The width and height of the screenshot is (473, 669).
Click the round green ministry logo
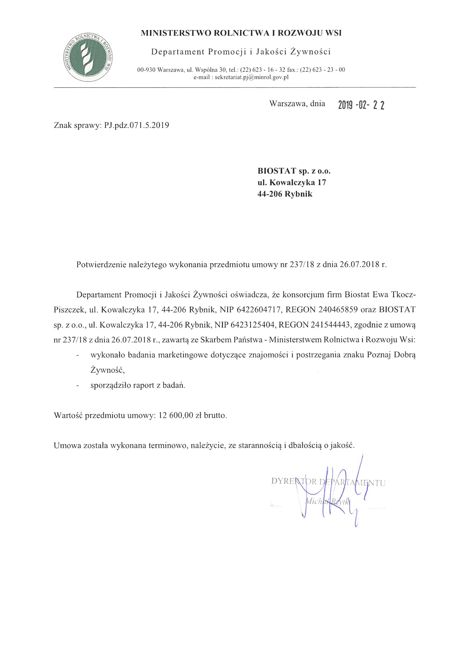(88, 57)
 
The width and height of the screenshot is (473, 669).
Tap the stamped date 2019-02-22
(361, 105)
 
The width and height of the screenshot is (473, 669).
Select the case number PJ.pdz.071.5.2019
(136, 125)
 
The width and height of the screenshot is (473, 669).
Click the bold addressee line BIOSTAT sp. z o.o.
(294, 171)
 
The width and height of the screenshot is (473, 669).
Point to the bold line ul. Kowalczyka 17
(291, 182)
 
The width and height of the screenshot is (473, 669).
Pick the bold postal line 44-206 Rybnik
(285, 194)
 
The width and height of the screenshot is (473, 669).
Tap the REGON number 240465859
(338, 309)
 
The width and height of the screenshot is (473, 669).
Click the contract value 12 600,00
(176, 415)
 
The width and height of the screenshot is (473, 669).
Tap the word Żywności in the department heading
(310, 52)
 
